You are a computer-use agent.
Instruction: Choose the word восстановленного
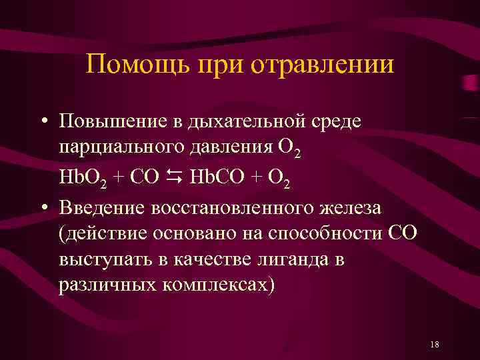click(x=234, y=207)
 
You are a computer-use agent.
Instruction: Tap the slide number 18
click(x=435, y=344)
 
